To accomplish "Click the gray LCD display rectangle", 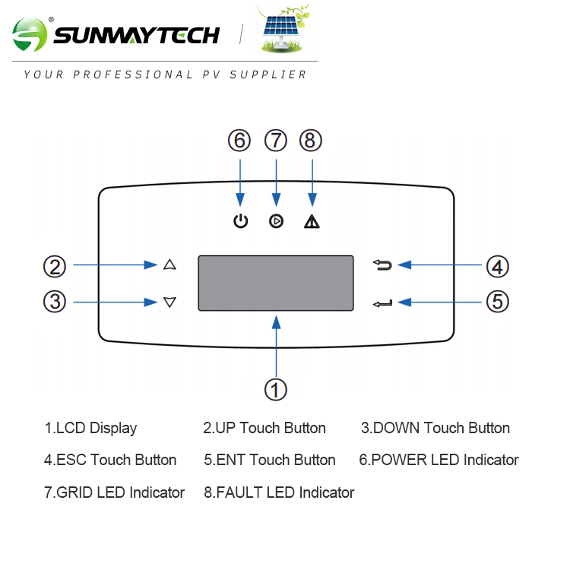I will [277, 283].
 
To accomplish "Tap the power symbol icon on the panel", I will [240, 222].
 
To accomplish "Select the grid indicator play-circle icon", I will [276, 222].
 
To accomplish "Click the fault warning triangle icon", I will [311, 222].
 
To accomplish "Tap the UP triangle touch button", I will [169, 264].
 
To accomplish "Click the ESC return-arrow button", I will [383, 264].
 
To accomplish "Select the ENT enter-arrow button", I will [383, 303].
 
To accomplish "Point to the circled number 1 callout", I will [276, 390].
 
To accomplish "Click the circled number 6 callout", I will [239, 141].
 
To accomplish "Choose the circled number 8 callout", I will [311, 141].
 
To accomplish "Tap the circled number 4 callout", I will [497, 267].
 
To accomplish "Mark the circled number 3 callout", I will [54, 302].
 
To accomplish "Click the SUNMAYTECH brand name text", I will [137, 35].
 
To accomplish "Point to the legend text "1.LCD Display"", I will [90, 428].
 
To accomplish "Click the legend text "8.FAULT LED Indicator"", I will [279, 492].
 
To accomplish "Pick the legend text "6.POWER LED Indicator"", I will [439, 460].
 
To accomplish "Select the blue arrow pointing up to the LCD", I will [277, 346].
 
